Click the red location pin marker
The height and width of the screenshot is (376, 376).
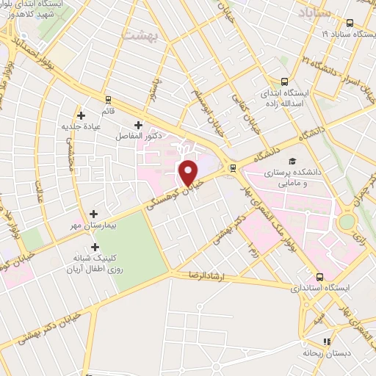pos(189,173)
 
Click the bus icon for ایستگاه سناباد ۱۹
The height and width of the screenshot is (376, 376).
pos(350,23)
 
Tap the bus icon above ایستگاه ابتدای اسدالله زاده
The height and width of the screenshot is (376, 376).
pos(285,82)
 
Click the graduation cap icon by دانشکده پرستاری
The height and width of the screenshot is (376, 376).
pos(292,161)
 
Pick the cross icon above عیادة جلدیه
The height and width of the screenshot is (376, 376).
pos(82,115)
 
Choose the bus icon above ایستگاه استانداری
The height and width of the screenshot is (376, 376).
pos(319,277)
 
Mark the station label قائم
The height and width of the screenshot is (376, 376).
pos(108,111)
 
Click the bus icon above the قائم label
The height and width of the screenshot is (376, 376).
pos(108,99)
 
